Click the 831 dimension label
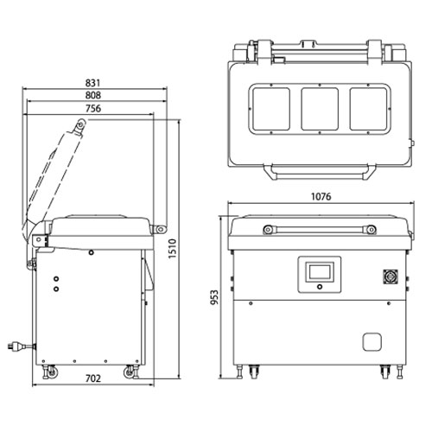tap(92, 83)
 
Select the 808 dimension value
tap(93, 95)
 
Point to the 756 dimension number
tap(93, 109)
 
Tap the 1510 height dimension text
tap(172, 249)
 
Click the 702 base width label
tap(93, 378)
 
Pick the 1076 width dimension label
tap(321, 197)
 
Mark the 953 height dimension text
tap(214, 297)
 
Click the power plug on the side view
tap(21, 346)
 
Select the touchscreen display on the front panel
tap(320, 271)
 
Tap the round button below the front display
tap(320, 287)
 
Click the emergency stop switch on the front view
tap(391, 277)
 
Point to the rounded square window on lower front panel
tap(372, 342)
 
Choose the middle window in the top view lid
tap(320, 109)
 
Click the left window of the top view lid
tap(271, 109)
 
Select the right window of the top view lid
tap(368, 109)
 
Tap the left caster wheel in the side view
tap(52, 372)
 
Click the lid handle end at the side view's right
tap(160, 229)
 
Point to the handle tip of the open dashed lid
tap(80, 124)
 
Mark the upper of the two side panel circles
tap(56, 279)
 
